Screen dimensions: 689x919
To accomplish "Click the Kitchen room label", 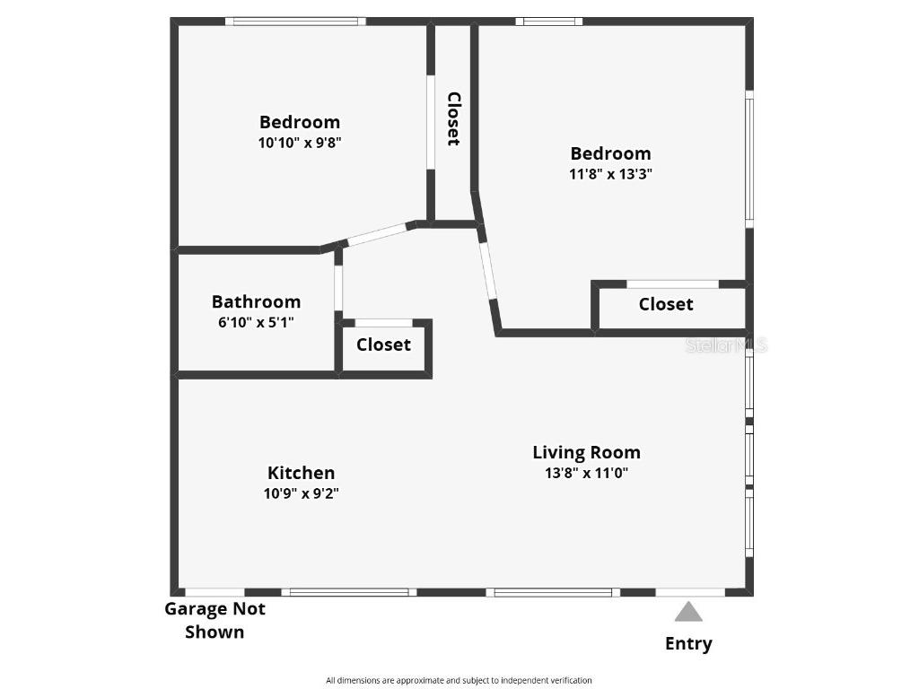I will tap(301, 473).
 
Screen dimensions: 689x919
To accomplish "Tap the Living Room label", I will tap(586, 452).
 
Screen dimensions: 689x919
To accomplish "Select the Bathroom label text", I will tap(256, 302).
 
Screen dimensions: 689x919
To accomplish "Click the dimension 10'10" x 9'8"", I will tap(300, 143).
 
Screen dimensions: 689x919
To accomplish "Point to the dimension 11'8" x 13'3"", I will tap(610, 174).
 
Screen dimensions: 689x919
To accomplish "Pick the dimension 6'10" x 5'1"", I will tap(256, 322).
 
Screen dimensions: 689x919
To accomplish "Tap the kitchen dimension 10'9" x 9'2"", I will tap(301, 493).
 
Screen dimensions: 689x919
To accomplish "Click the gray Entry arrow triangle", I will tap(688, 612).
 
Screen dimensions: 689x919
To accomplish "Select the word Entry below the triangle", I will tap(688, 643).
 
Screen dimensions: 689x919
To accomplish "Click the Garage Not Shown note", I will tap(214, 620).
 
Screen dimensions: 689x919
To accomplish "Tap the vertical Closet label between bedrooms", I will tap(454, 118).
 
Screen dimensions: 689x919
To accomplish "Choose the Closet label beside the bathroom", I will tap(383, 344).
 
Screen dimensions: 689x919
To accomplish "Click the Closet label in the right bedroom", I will tap(666, 304).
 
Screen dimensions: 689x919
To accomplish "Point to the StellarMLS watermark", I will tap(726, 345).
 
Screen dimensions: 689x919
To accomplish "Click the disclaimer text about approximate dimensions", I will tap(459, 680).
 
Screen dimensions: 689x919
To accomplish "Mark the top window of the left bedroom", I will tap(295, 22).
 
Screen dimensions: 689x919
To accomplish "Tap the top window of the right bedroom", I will tap(548, 22).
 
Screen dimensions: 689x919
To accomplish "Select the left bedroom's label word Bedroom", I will tap(300, 122).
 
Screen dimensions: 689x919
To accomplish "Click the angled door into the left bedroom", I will tap(377, 234).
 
